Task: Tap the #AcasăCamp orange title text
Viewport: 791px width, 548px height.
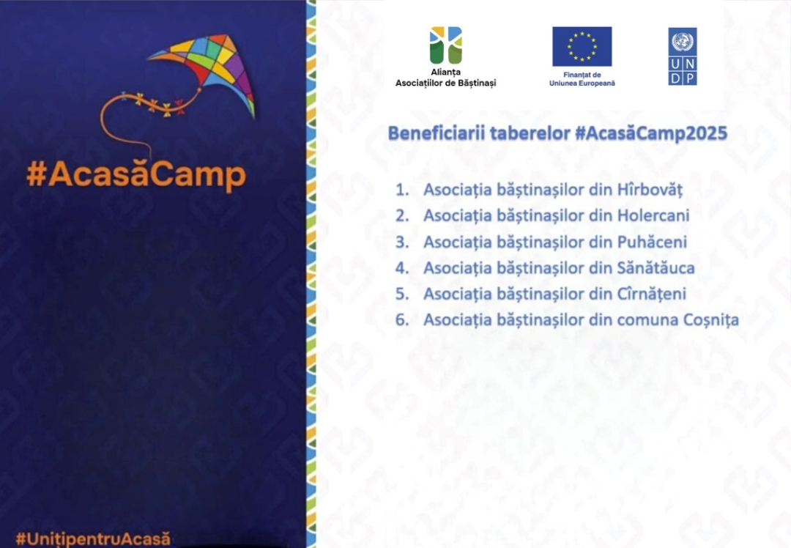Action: pos(136,174)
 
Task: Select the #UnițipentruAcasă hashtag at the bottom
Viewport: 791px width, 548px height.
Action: pos(93,538)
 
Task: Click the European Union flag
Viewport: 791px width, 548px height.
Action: pos(582,46)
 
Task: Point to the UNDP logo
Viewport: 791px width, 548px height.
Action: pos(683,56)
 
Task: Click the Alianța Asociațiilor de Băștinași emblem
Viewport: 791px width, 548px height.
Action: pos(446,45)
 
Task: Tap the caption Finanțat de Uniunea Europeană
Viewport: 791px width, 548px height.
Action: pos(582,79)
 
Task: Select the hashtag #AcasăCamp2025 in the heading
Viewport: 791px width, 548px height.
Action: pos(651,133)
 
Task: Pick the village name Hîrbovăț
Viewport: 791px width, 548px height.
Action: pos(650,190)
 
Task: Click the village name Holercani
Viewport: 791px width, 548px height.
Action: pos(653,215)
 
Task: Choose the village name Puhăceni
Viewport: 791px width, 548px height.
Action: pos(652,242)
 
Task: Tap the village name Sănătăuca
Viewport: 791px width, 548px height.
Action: pos(656,267)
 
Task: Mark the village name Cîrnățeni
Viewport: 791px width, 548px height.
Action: pos(652,294)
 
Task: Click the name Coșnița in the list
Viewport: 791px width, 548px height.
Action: pos(710,320)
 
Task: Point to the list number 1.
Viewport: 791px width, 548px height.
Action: pos(401,190)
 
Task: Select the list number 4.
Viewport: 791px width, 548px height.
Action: pos(401,267)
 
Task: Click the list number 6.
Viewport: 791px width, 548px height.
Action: pos(401,320)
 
